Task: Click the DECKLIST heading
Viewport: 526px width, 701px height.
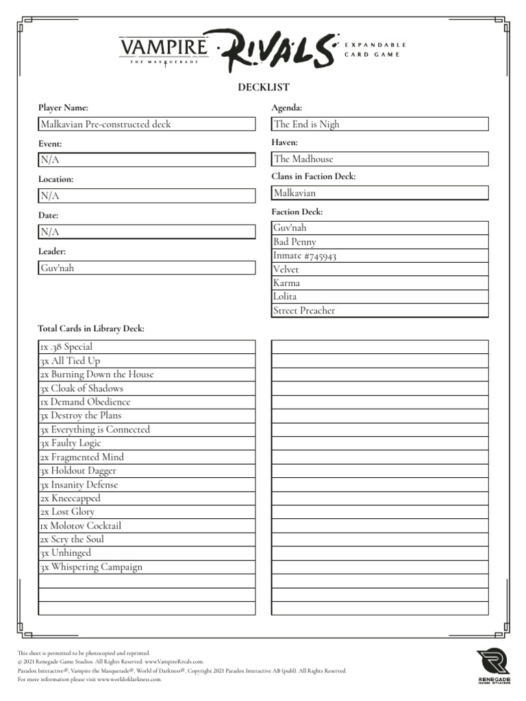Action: [263, 87]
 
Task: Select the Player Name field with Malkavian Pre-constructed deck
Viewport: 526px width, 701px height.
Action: [147, 124]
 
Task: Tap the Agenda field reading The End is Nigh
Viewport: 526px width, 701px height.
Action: [379, 124]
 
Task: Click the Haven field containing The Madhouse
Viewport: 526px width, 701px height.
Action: [379, 159]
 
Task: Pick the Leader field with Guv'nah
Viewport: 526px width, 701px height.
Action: [147, 268]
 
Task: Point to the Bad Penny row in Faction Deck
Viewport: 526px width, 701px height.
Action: [379, 242]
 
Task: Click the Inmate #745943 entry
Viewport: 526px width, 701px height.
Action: [379, 255]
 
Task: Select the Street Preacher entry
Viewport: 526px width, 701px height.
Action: [379, 310]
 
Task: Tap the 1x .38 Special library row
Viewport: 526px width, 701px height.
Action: [147, 347]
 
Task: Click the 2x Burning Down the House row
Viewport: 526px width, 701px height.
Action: [147, 374]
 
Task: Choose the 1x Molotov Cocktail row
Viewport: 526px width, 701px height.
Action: [147, 526]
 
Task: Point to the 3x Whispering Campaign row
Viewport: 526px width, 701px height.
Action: [147, 567]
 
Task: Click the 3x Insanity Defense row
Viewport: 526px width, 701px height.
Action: [147, 485]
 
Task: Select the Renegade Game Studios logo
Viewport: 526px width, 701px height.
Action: [493, 666]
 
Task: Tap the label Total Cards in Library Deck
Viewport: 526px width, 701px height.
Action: [91, 329]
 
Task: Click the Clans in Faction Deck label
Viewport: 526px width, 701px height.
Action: [314, 177]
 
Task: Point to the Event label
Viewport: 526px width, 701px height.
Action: [50, 144]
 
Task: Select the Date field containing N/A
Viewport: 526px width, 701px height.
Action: [147, 232]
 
